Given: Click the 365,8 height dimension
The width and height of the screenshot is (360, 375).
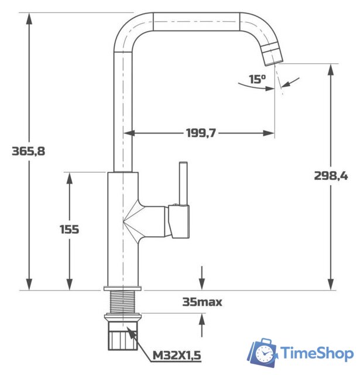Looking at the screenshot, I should pyautogui.click(x=28, y=151).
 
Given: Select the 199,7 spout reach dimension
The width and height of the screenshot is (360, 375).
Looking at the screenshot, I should pyautogui.click(x=201, y=133).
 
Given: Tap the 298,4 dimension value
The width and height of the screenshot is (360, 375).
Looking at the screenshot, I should pyautogui.click(x=331, y=175).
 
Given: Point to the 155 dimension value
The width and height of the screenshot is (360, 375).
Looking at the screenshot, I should pyautogui.click(x=69, y=229).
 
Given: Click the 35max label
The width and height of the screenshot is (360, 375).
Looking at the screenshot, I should pyautogui.click(x=202, y=302).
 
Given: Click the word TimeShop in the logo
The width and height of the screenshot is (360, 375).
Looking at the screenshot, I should pyautogui.click(x=317, y=353).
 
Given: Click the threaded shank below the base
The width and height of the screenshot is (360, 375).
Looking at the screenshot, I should pyautogui.click(x=123, y=302).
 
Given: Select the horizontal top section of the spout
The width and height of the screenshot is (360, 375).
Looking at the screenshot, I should pyautogui.click(x=196, y=22).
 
